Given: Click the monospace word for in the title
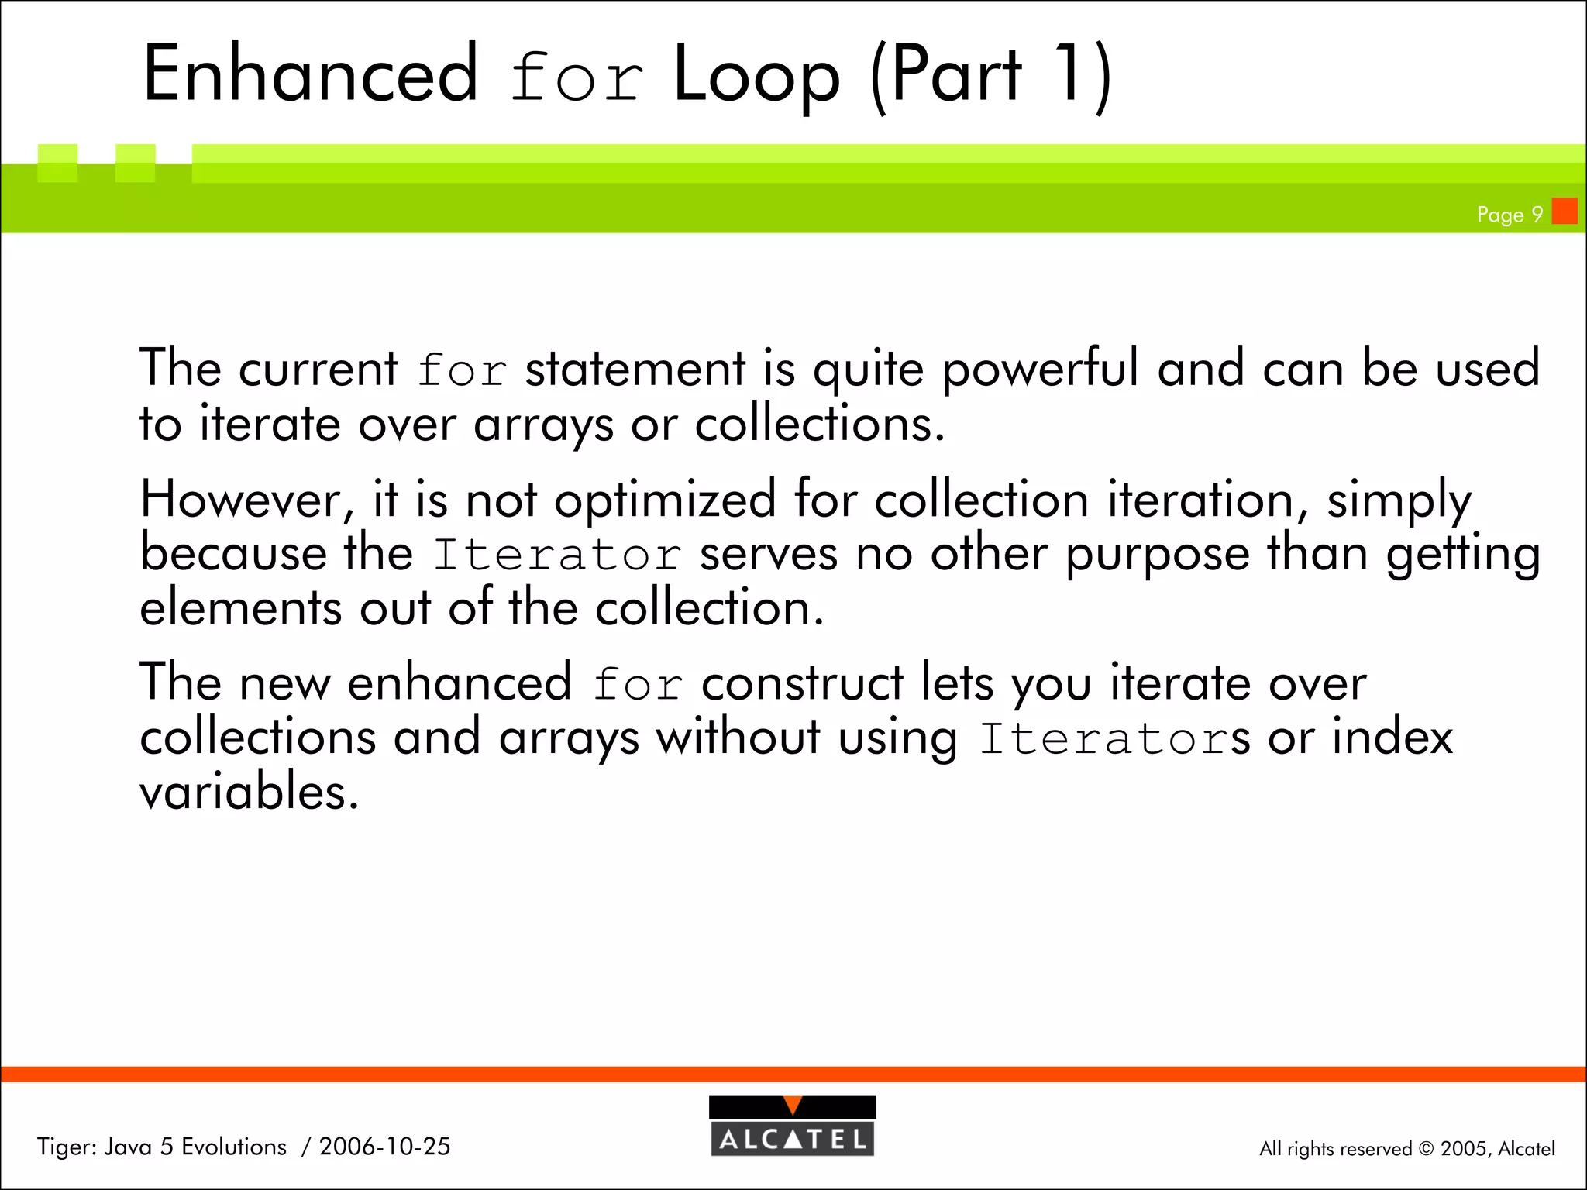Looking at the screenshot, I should click(577, 77).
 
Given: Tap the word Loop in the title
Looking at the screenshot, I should click(756, 76).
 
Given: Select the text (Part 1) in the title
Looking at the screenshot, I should click(990, 76).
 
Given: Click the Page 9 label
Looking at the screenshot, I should click(1510, 215).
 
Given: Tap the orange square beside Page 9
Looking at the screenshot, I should click(1565, 212).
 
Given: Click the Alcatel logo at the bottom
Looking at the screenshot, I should click(792, 1126).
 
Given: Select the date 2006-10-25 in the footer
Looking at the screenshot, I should click(384, 1147).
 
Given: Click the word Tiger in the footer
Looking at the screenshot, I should click(66, 1147).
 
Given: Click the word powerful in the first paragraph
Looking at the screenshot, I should click(1041, 369).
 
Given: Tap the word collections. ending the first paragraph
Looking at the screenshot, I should click(820, 424).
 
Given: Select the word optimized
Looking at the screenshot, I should click(665, 500).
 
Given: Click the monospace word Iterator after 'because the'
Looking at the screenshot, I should click(556, 555).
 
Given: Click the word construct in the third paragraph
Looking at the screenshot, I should click(802, 683).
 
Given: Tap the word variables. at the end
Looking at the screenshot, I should click(249, 792).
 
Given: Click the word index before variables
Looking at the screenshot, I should click(1392, 737).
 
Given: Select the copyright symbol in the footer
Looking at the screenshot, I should click(1426, 1149).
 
